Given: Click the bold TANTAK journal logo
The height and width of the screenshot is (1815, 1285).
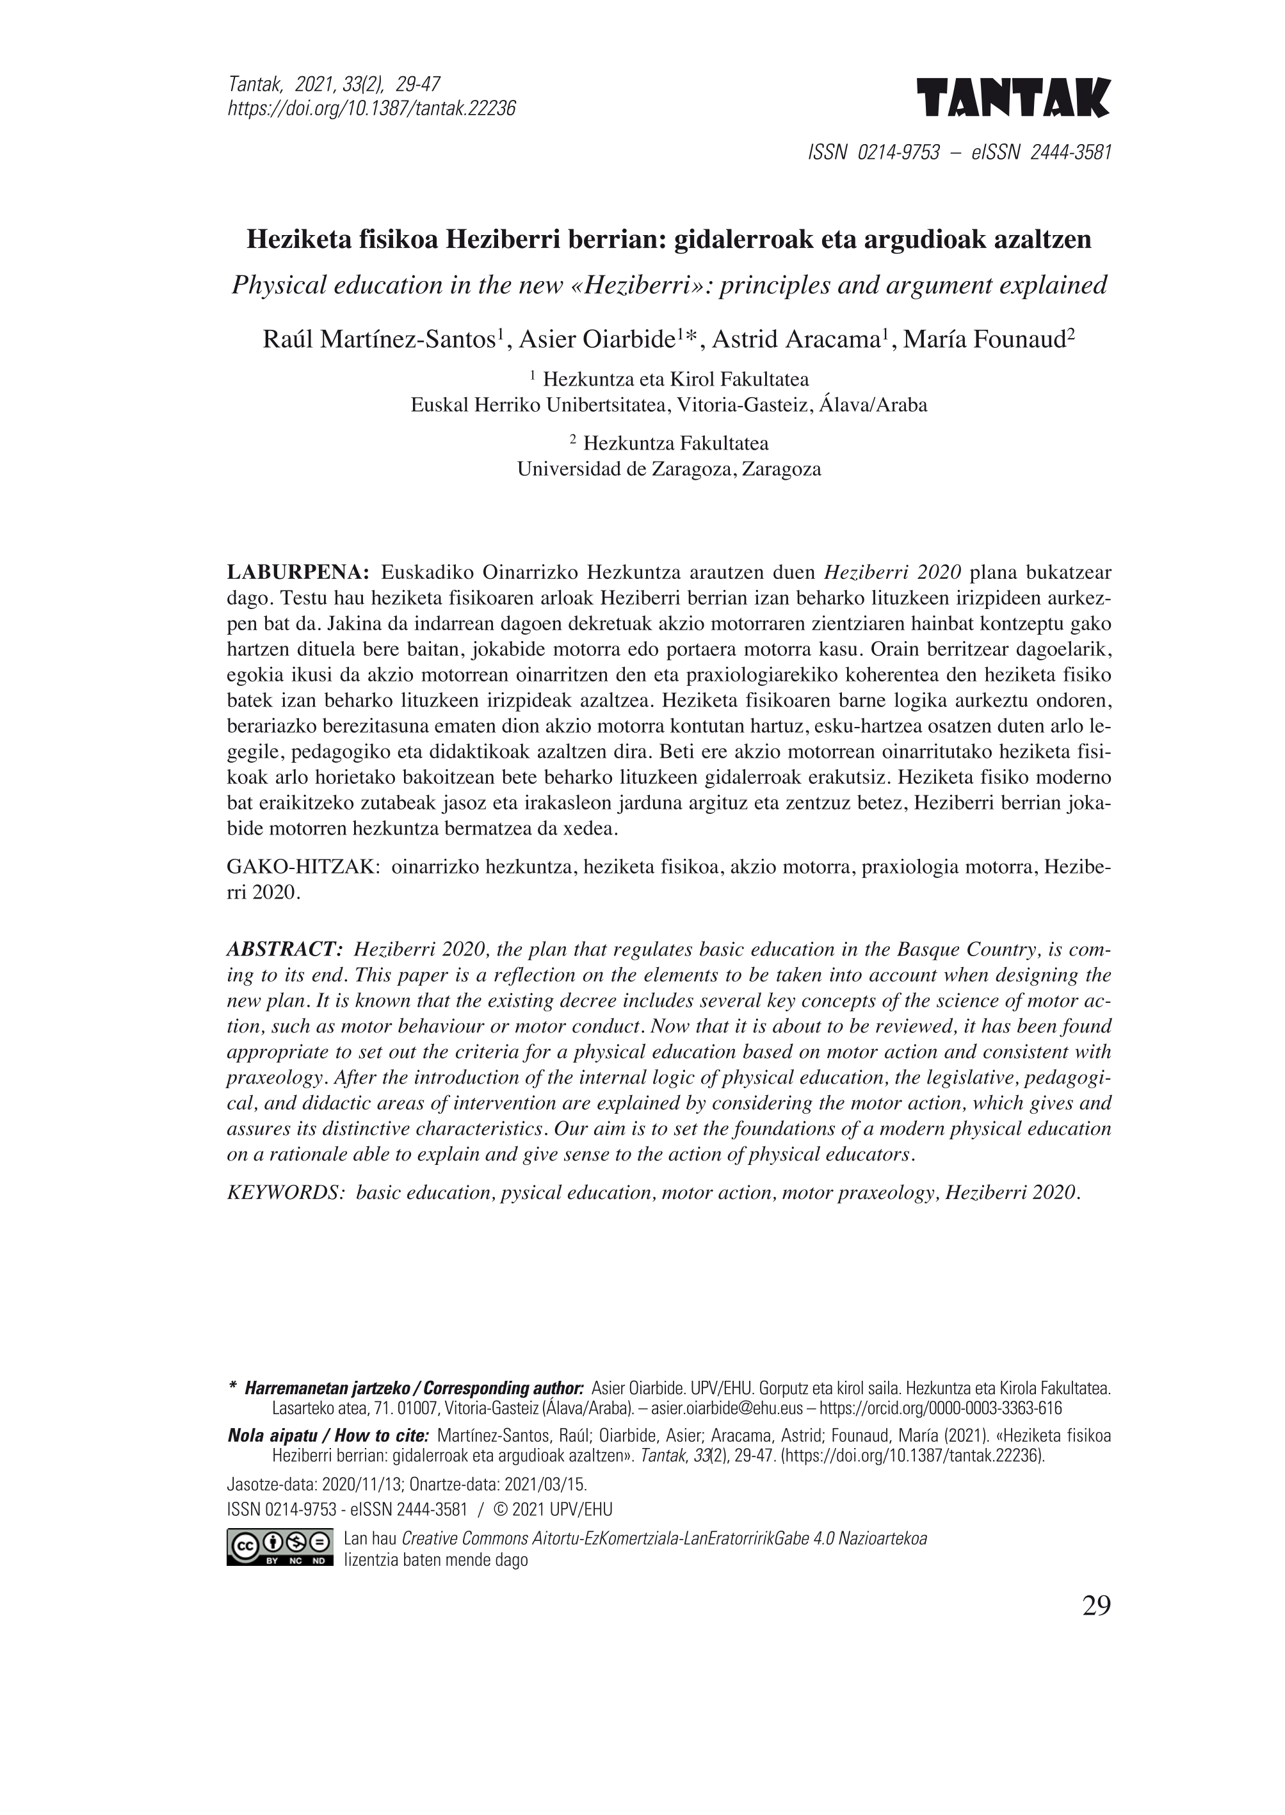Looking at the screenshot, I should click(1014, 98).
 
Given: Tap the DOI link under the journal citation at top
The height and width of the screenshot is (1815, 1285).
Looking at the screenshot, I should click(372, 108).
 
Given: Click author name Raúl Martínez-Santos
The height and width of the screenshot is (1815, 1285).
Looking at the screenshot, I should click(380, 339).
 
